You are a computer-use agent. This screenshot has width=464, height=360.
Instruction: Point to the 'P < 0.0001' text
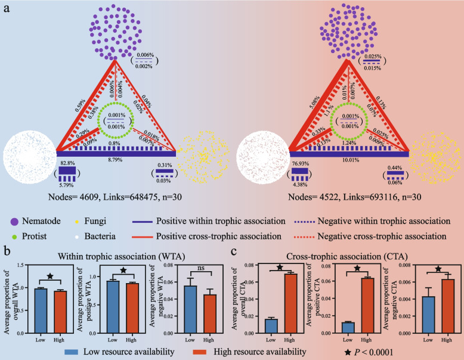(377, 352)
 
